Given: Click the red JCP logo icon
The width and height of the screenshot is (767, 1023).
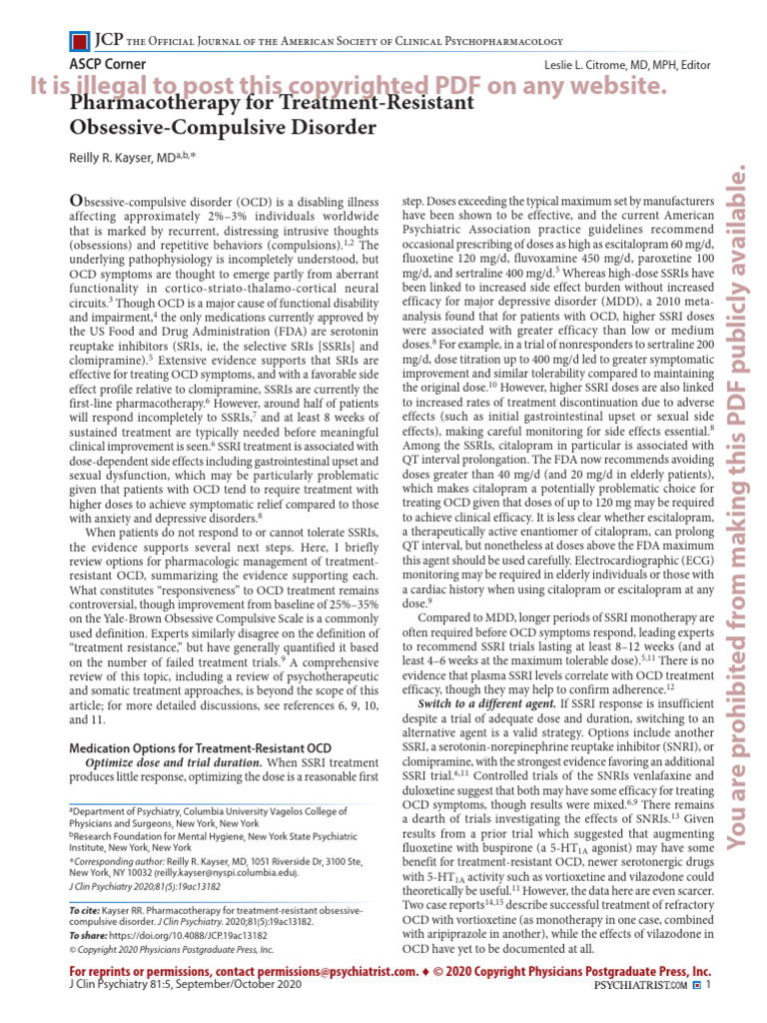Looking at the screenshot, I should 78,41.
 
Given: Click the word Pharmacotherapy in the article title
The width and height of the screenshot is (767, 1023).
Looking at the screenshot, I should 159,104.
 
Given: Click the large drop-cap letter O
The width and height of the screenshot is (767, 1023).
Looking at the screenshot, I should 75,200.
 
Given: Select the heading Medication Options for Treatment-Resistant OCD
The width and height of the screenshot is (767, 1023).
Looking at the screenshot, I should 199,748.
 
